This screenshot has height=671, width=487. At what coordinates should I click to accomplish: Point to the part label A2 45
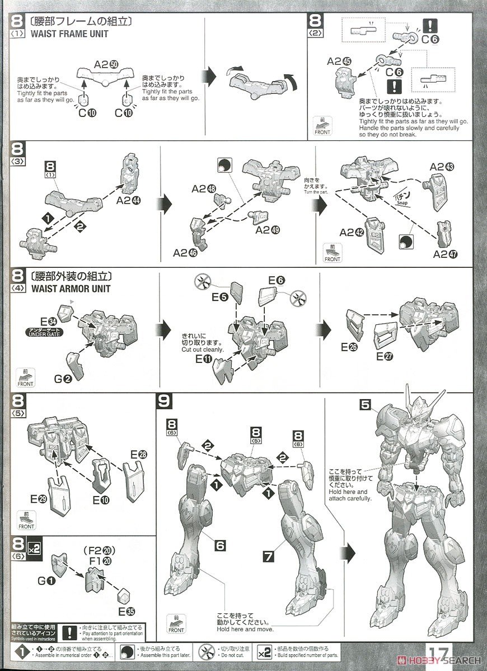tap(339, 62)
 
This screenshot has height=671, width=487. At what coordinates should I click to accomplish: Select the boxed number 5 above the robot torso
tap(365, 403)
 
